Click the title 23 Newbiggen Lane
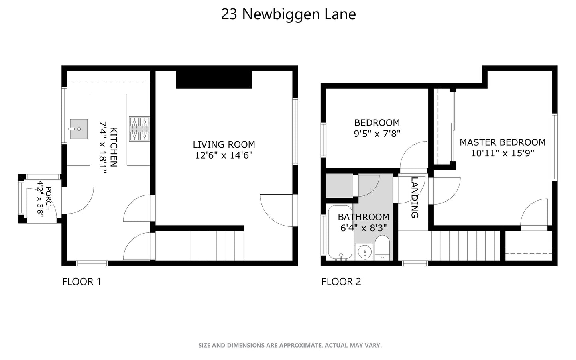pyautogui.click(x=288, y=14)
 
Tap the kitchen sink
pyautogui.click(x=79, y=129)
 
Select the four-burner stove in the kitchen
pyautogui.click(x=139, y=129)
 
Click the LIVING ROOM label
pyautogui.click(x=224, y=144)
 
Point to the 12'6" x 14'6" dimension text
pyautogui.click(x=224, y=155)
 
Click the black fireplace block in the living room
pyautogui.click(x=214, y=79)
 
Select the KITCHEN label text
pyautogui.click(x=114, y=147)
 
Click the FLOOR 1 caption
pyautogui.click(x=82, y=282)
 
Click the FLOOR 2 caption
pyautogui.click(x=341, y=282)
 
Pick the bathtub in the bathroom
pyautogui.click(x=340, y=233)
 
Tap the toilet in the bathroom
pyautogui.click(x=383, y=248)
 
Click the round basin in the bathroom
pyautogui.click(x=364, y=252)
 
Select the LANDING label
pyautogui.click(x=415, y=197)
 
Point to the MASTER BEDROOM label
pyautogui.click(x=502, y=142)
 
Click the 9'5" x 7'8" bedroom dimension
pyautogui.click(x=377, y=134)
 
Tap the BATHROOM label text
pyautogui.click(x=364, y=217)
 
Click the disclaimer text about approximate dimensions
pyautogui.click(x=290, y=345)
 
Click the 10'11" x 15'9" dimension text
pyautogui.click(x=502, y=153)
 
